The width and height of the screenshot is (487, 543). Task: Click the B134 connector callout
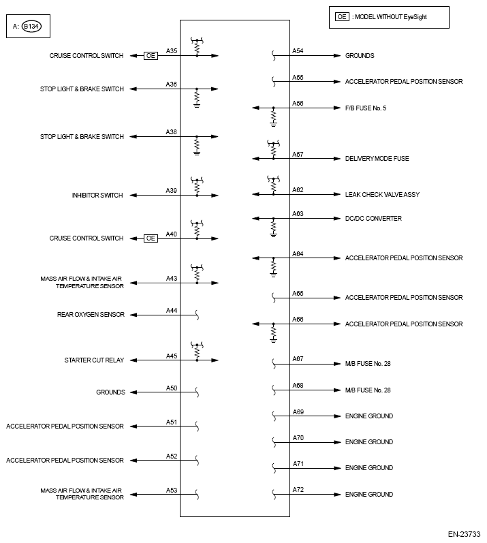pos(31,27)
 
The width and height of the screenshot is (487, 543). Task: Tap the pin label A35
pos(172,51)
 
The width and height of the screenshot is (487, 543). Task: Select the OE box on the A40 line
pos(151,238)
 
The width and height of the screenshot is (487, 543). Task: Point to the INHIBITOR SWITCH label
pos(97,196)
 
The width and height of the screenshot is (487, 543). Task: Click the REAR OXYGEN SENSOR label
pos(91,315)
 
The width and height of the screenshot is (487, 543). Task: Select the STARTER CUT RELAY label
pos(94,360)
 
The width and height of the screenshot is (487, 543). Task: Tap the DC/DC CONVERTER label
pos(373,219)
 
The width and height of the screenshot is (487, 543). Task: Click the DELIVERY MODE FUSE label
pos(377,159)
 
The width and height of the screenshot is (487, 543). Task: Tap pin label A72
pos(298,490)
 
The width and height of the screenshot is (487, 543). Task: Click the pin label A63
pos(298,214)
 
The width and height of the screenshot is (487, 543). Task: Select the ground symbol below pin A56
pos(273,123)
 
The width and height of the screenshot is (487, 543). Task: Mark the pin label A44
pos(172,311)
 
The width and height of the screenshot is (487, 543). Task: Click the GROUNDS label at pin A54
pos(360,56)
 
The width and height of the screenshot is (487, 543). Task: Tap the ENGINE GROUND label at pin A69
pos(368,416)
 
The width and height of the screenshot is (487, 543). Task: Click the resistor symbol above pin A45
pos(197,353)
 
